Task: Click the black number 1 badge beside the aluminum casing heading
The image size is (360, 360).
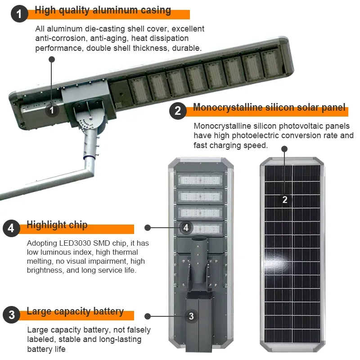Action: tap(19, 14)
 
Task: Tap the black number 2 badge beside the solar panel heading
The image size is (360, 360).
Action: tap(178, 111)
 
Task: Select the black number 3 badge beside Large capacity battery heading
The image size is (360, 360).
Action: tap(12, 315)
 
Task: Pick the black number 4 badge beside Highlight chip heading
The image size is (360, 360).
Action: tap(12, 228)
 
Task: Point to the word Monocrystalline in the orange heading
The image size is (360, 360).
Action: tap(228, 107)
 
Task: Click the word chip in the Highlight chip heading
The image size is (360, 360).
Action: tap(78, 225)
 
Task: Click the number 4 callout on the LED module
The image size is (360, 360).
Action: tap(186, 228)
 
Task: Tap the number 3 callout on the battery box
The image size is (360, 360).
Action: tap(191, 316)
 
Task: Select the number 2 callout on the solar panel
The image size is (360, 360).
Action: tap(285, 199)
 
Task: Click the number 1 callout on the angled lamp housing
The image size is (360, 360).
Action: tap(52, 110)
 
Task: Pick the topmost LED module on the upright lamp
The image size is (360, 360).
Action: tap(200, 180)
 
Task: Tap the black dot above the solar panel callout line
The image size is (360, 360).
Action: tap(284, 149)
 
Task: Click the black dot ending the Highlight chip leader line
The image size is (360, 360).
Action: tap(148, 228)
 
